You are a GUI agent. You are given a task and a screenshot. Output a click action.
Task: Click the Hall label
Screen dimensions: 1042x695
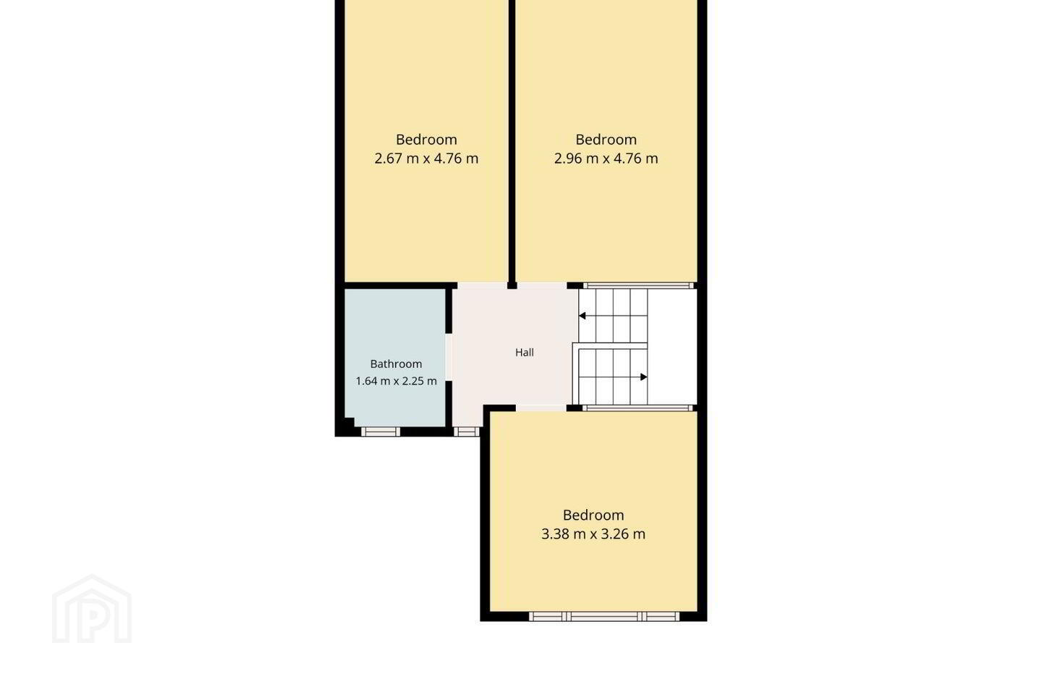click(524, 353)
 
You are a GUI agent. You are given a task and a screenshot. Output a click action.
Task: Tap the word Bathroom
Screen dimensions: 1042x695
click(396, 363)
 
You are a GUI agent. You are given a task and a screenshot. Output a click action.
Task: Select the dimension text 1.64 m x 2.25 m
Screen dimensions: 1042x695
click(396, 381)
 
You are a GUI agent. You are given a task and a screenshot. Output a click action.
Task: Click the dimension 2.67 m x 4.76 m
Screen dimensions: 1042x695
click(426, 159)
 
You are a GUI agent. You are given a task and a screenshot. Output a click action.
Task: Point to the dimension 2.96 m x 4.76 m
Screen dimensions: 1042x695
click(606, 159)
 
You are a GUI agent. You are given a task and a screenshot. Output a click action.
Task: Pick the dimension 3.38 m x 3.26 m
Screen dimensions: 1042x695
click(593, 534)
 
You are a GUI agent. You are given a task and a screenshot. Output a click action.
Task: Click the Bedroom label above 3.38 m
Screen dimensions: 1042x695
click(593, 515)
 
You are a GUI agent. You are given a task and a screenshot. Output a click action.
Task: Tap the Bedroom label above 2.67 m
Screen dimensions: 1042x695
click(426, 139)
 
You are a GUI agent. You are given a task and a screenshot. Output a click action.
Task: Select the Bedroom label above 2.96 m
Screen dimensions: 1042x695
click(606, 139)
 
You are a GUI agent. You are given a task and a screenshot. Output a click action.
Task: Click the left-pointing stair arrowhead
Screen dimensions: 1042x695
click(582, 316)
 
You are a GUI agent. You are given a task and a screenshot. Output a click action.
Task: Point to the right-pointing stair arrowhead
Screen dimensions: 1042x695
click(644, 377)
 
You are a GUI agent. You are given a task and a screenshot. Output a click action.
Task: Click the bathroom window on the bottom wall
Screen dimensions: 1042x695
click(381, 431)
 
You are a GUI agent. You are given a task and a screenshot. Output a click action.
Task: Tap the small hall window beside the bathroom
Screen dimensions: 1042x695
click(466, 431)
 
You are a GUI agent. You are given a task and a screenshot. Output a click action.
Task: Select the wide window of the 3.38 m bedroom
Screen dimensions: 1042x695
click(604, 616)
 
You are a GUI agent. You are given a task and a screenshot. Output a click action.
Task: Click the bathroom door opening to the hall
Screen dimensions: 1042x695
click(449, 358)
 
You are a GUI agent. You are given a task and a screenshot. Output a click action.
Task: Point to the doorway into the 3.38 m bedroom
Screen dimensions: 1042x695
click(541, 408)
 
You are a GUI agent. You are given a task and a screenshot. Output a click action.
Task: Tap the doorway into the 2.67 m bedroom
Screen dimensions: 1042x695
click(482, 285)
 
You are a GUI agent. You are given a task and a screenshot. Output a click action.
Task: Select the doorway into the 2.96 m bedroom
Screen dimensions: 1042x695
click(542, 285)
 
